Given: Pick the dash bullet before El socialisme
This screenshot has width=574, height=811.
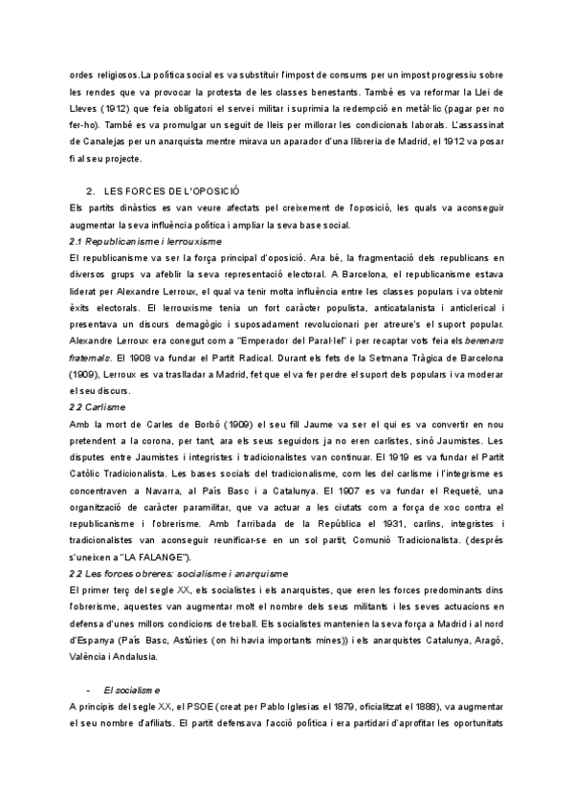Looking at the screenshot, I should [88, 690].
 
